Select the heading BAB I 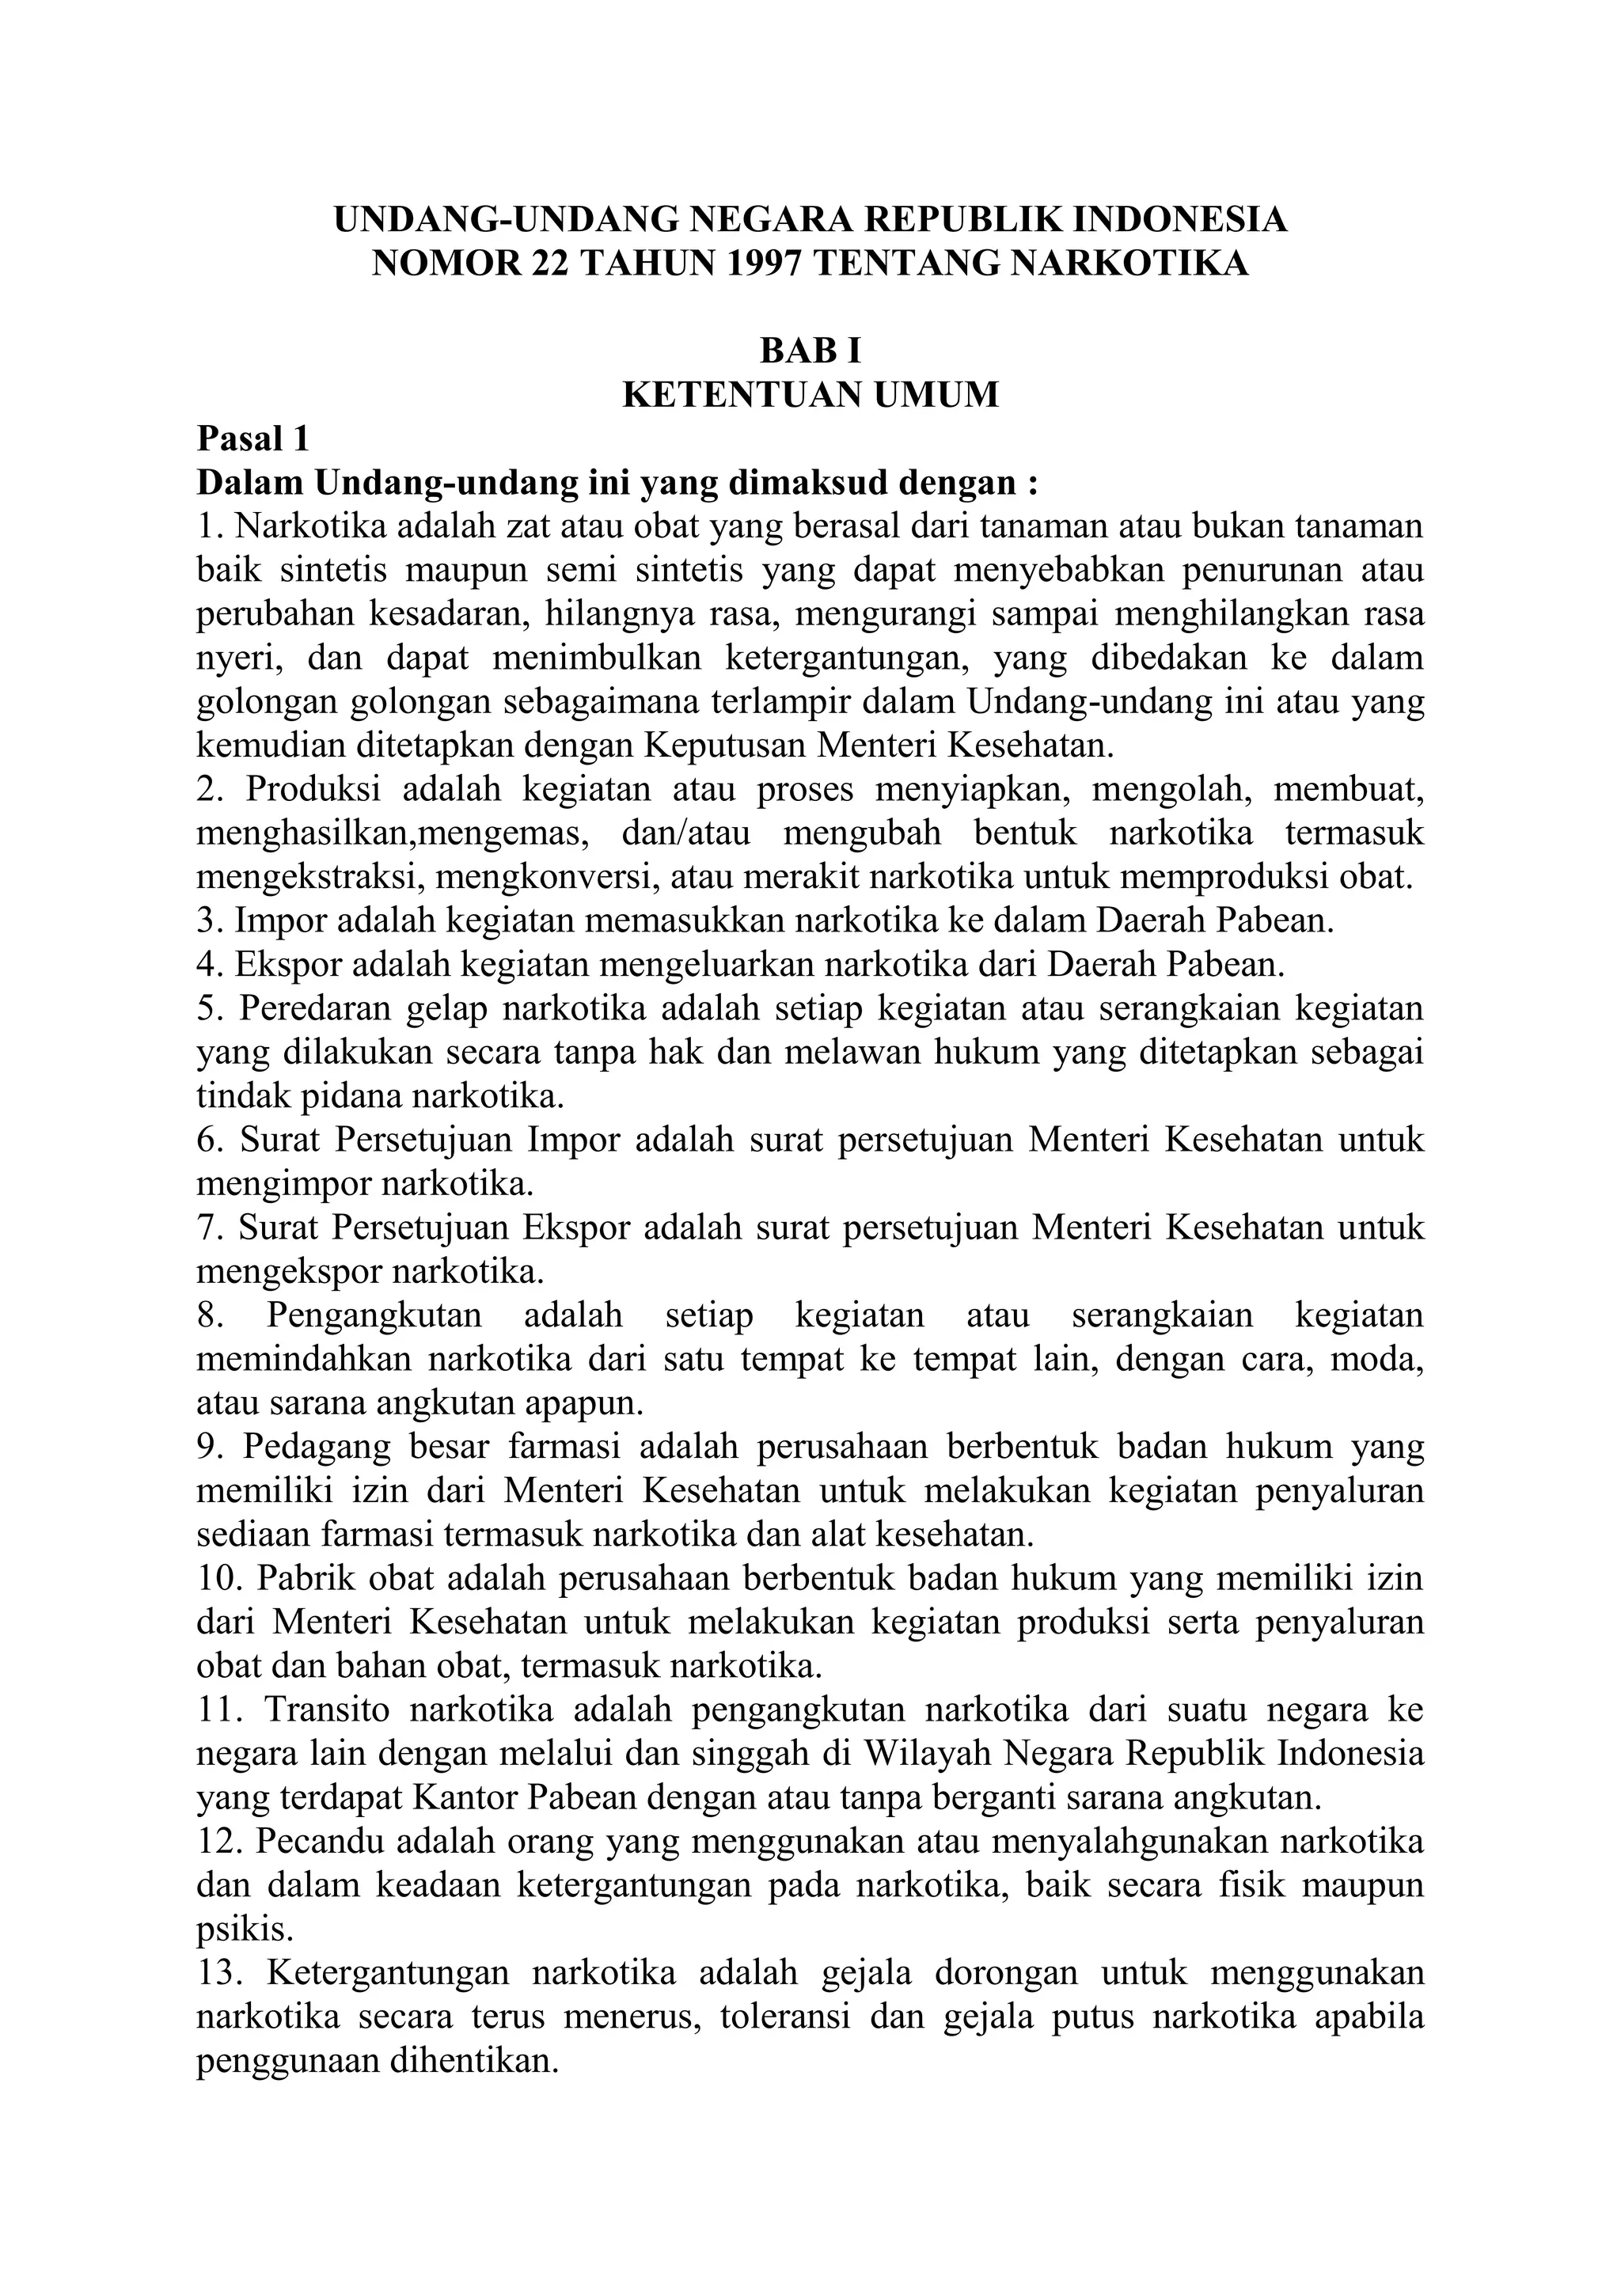click(x=810, y=351)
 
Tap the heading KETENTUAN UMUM click(x=810, y=394)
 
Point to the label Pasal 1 click(x=252, y=438)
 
